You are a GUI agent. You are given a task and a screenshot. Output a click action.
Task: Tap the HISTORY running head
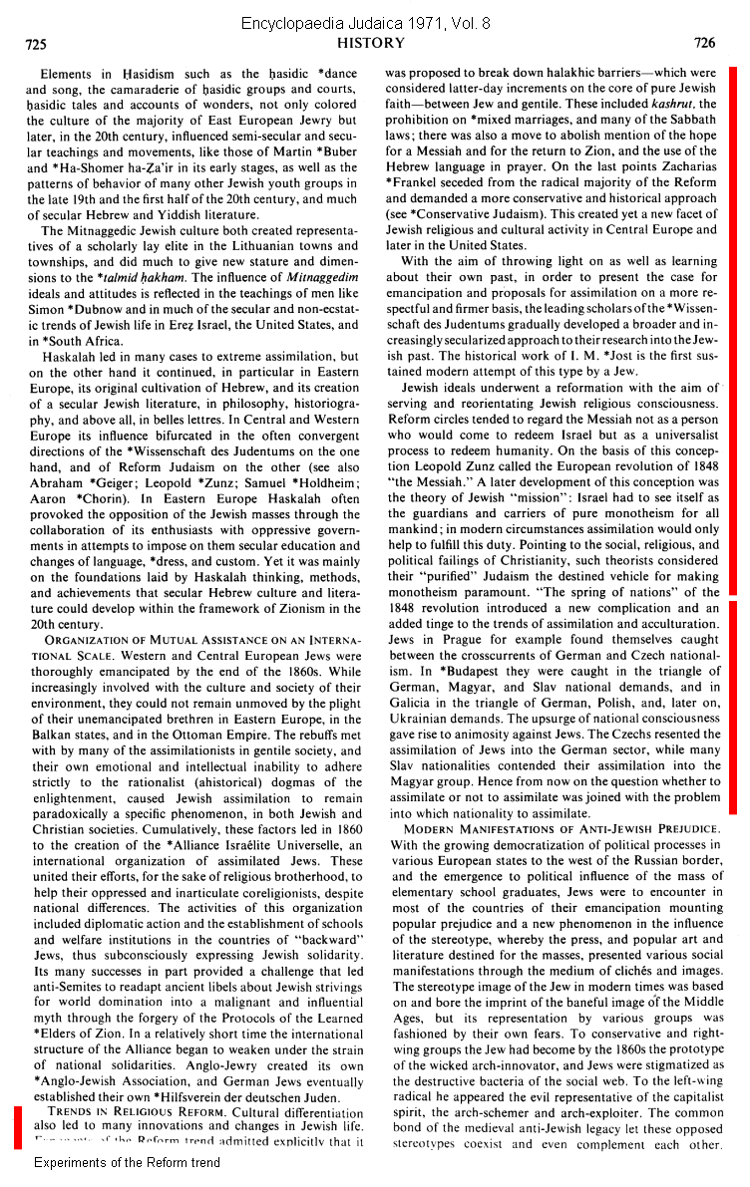[371, 43]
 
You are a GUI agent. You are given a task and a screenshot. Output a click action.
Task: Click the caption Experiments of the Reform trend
[127, 1162]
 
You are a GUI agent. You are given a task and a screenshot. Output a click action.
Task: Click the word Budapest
[461, 673]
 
